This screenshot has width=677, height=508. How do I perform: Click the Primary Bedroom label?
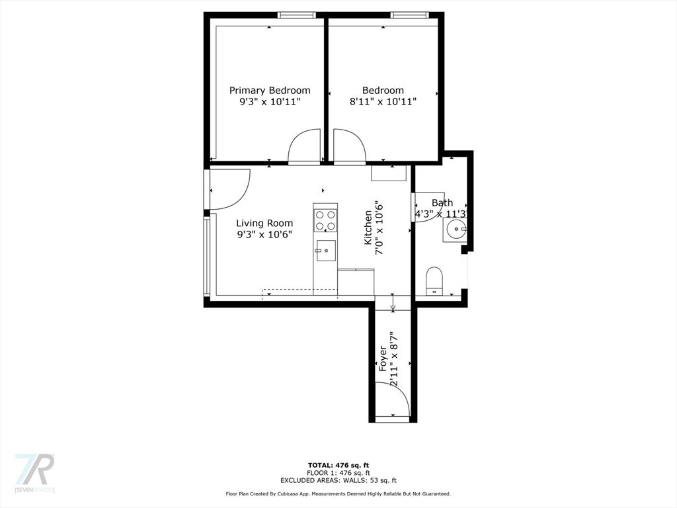[270, 90]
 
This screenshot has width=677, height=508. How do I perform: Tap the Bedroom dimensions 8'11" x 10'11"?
[383, 102]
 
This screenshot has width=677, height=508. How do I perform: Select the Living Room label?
[264, 223]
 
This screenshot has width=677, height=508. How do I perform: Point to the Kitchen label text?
[368, 228]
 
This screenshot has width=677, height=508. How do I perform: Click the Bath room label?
[442, 202]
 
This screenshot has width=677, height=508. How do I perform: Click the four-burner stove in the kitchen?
[325, 220]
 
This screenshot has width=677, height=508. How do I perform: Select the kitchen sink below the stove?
[325, 251]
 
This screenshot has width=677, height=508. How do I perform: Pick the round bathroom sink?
[454, 230]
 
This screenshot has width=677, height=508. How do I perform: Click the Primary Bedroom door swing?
[304, 147]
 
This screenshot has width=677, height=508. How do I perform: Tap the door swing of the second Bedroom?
[350, 147]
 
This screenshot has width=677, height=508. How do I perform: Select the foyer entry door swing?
[392, 400]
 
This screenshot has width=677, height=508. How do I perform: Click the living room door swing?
[229, 189]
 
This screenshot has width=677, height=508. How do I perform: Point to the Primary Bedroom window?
[296, 15]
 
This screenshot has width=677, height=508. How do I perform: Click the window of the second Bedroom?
[410, 15]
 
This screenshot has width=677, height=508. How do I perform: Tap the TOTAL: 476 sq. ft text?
[338, 465]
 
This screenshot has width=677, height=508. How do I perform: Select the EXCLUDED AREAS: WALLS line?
[338, 480]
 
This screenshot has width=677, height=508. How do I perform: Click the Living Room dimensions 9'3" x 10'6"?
[264, 235]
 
